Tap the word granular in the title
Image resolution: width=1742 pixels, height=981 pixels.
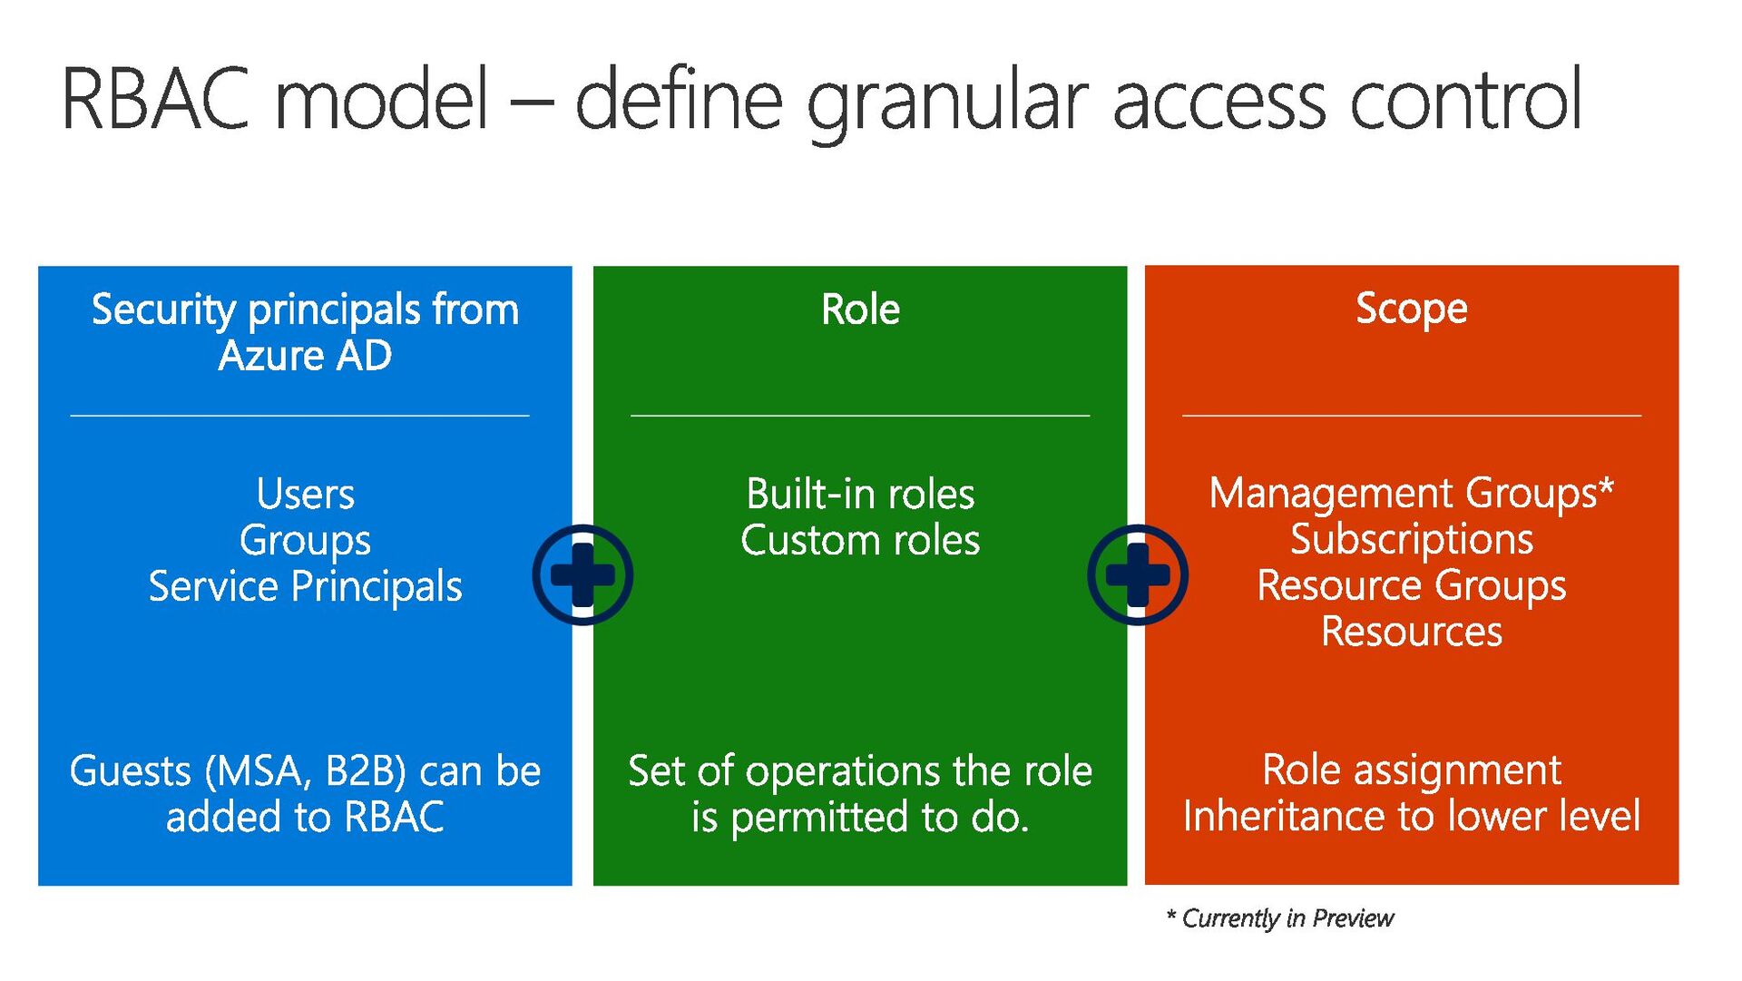click(947, 102)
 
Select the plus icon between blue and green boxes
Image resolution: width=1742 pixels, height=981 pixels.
click(582, 574)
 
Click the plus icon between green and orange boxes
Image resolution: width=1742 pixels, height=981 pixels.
click(1138, 574)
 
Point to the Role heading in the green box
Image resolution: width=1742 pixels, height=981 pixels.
click(860, 309)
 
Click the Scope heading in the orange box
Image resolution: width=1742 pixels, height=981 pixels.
click(1411, 309)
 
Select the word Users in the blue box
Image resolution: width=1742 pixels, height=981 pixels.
click(305, 495)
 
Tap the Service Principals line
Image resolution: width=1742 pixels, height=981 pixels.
click(305, 586)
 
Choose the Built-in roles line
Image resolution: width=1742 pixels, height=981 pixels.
click(860, 495)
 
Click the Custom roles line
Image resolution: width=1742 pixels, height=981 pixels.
click(860, 541)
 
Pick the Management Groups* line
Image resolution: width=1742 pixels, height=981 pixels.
click(1411, 494)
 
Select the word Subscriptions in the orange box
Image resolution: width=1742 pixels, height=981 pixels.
click(1411, 540)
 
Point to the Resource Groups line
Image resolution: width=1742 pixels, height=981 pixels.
click(1411, 585)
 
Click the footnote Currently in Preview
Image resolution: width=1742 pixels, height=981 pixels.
click(1287, 918)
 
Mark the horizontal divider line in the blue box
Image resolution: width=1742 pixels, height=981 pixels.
click(299, 416)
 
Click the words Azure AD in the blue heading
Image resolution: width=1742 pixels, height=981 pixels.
click(305, 356)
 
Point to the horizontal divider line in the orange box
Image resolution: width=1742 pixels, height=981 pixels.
click(1411, 416)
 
